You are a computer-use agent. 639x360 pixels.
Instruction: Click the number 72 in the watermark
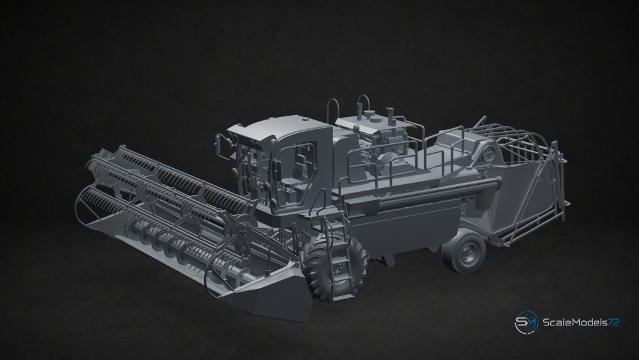click(x=613, y=322)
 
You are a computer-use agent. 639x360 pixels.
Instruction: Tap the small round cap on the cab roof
click(x=305, y=120)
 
